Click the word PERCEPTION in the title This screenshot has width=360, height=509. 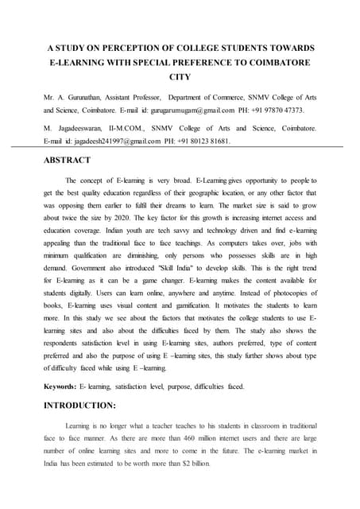coord(138,49)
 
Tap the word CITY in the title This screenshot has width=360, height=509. coord(180,77)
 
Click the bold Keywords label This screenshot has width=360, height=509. coord(60,386)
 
